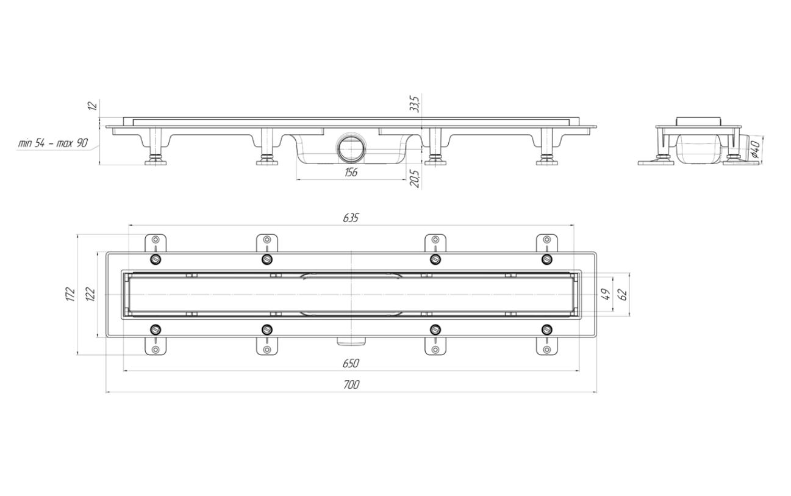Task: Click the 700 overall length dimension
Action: coord(351,385)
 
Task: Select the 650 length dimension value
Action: coord(351,363)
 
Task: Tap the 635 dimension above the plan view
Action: coord(351,218)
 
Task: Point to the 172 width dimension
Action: coord(71,294)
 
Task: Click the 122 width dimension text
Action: coord(91,294)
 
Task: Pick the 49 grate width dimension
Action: coord(606,294)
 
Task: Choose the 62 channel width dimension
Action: coord(623,294)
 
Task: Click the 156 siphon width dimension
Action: coord(351,172)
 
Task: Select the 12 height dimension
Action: coord(92,106)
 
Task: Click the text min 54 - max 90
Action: coord(53,143)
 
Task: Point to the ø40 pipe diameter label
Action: coord(754,149)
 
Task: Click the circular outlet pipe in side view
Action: coord(351,149)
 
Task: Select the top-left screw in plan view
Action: coord(156,260)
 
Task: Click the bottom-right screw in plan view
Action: coord(546,330)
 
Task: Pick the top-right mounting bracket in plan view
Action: coord(546,243)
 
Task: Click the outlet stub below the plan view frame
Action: coord(351,341)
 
